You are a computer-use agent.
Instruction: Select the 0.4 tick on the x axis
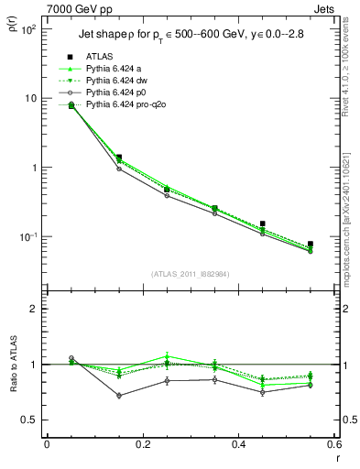point(238,444)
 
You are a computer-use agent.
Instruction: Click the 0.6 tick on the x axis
point(333,444)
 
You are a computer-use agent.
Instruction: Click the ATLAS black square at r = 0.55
point(311,244)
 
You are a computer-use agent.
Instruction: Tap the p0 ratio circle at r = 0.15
point(119,396)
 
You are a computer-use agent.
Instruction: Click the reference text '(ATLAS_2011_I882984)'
point(191,274)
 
